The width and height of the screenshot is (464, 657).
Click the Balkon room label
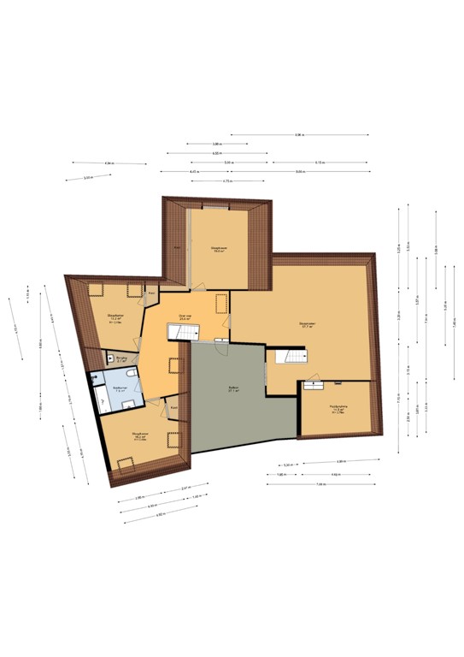pos(232,388)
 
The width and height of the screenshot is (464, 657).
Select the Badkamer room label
pos(119,388)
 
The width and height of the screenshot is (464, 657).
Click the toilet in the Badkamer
pos(126,375)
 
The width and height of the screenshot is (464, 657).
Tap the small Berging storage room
pos(111,359)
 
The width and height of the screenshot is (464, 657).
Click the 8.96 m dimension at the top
pos(299,134)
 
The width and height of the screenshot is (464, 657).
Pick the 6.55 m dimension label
pos(218,153)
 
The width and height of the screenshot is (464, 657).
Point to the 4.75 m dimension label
pos(227,181)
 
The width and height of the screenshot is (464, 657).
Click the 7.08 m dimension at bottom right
pos(321,484)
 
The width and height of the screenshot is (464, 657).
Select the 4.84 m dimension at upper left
pos(109,163)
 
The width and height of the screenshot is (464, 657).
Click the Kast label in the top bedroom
pos(177,247)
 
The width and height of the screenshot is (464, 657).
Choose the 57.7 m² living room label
pos(308,324)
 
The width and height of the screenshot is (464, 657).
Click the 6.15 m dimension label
pos(320,163)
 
